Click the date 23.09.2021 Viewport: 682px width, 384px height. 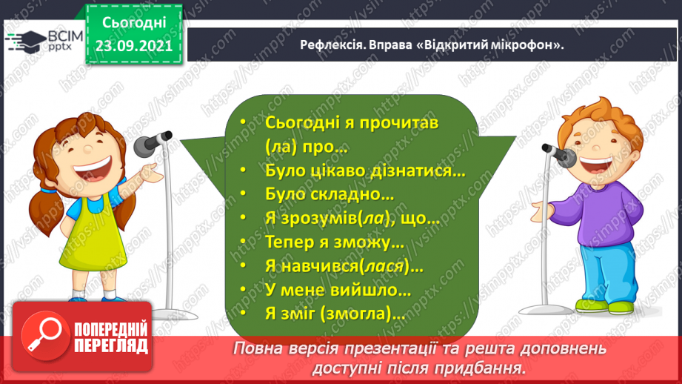[134, 46]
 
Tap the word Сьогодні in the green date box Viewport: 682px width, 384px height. [134, 23]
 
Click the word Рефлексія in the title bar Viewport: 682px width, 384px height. [332, 44]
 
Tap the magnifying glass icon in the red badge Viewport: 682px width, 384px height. [44, 334]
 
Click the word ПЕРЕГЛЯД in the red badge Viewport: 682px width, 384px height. [111, 346]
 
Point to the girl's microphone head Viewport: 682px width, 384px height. [144, 146]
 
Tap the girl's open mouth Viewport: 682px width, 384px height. [93, 168]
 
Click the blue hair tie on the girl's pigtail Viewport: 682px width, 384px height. [49, 191]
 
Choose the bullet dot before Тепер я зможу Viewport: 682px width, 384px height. [243, 242]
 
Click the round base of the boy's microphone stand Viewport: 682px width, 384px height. [546, 310]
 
